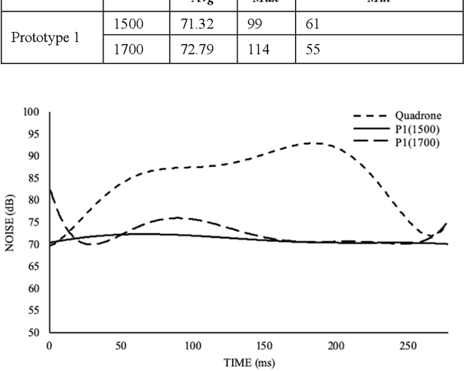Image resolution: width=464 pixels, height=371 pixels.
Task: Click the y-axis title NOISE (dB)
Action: point(9,222)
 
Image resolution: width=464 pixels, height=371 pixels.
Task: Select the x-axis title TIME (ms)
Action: point(248,362)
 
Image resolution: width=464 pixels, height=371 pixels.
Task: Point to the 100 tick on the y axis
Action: point(30,112)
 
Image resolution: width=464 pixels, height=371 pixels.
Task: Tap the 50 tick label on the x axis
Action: point(120,346)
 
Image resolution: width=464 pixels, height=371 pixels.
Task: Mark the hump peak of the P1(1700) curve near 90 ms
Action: point(176,217)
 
